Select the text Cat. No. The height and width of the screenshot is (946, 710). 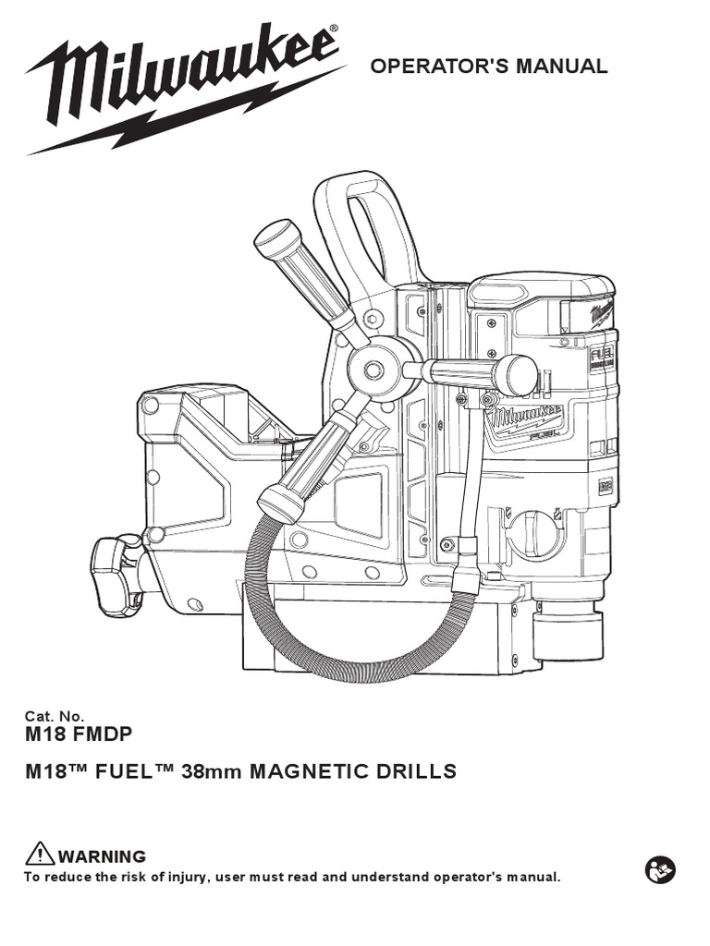coord(54,715)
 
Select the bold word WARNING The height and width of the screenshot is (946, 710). coord(102,856)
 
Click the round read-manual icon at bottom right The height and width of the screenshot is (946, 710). coord(660,869)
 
